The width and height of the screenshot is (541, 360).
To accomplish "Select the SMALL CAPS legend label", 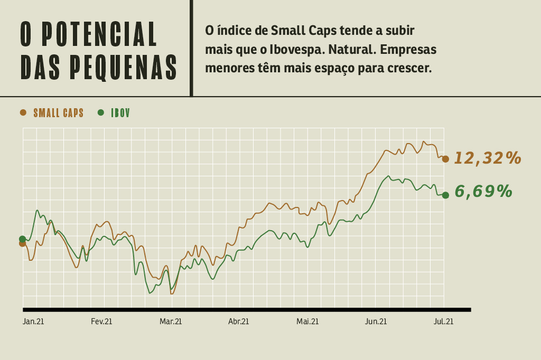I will (x=58, y=113).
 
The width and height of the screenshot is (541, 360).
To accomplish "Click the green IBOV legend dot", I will (x=100, y=112).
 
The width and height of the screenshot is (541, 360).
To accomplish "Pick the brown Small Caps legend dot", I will (x=23, y=112).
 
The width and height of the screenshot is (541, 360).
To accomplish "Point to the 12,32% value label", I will (x=488, y=158).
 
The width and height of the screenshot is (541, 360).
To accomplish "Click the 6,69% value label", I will (x=483, y=191).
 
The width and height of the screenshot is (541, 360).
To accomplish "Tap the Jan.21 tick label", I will (x=33, y=321).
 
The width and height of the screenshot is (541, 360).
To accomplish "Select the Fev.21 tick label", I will (x=101, y=321).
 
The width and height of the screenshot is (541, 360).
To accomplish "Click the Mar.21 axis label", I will (x=171, y=321).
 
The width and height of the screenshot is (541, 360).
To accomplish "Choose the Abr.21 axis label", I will (x=238, y=321).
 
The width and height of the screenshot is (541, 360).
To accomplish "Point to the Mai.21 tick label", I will (x=307, y=321).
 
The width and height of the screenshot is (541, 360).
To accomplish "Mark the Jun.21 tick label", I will (x=376, y=321).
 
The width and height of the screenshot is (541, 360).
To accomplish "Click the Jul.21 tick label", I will (x=443, y=321).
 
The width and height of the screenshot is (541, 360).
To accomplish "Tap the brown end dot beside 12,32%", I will (x=445, y=159).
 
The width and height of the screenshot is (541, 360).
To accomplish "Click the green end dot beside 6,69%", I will (x=445, y=195).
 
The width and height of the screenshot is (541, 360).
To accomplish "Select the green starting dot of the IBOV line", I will (x=22, y=239).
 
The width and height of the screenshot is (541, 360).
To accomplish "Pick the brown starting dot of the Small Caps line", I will (x=22, y=244).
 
